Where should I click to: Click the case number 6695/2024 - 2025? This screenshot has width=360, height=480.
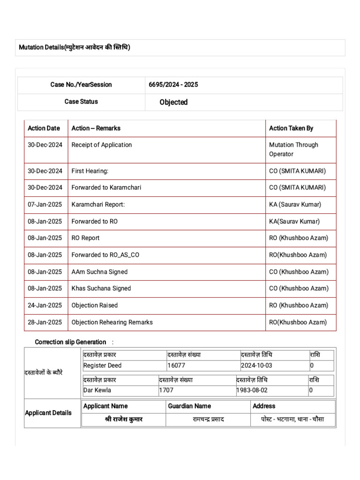pos(173,85)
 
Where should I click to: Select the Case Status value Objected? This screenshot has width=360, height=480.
pos(173,102)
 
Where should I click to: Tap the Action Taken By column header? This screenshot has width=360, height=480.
pos(291,128)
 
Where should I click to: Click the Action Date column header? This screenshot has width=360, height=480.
pos(44,128)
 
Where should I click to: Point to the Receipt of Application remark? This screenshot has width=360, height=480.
pos(102,145)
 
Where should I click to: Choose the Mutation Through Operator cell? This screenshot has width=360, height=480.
pos(293,150)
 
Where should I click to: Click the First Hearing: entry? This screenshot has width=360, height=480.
pos(90,171)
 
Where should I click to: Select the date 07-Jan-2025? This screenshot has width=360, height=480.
pos(45,204)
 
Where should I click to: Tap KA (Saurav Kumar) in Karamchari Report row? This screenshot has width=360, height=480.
pos(295,204)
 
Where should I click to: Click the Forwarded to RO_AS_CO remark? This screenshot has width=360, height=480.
pos(105,255)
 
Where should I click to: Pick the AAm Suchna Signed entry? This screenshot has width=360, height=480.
pos(99,272)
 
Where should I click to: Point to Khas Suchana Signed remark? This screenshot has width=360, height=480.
pos(101,288)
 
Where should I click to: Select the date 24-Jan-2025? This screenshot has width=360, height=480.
pos(45,305)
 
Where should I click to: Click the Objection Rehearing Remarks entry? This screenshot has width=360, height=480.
pos(112,322)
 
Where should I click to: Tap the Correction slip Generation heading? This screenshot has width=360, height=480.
pos(71,342)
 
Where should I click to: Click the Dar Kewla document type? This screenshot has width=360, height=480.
pos(97,390)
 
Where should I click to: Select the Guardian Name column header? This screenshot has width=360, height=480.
pos(189,406)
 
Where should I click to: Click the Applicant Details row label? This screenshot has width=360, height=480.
pos(48,412)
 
